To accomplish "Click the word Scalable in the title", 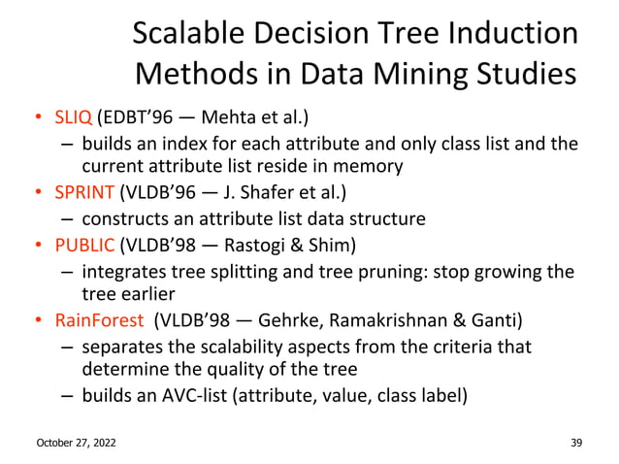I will [188, 34].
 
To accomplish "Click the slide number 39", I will [576, 443].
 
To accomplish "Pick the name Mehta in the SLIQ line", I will [233, 119].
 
